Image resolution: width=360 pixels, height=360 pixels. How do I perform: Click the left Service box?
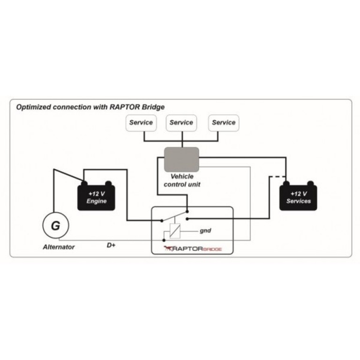pos(141,123)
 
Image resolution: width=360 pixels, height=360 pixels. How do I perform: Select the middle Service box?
pos(181,123)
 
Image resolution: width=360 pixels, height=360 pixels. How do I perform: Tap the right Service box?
pos(223,123)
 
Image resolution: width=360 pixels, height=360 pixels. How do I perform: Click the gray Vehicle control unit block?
pos(181,158)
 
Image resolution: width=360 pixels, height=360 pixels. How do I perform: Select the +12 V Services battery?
pos(298,197)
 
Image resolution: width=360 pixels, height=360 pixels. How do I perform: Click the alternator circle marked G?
pos(55,225)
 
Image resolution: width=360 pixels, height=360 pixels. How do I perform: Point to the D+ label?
pos(111,245)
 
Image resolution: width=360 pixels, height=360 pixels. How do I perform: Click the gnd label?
pos(206,231)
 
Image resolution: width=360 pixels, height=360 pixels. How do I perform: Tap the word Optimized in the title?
pos(34,107)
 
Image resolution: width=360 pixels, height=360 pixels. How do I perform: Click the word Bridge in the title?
pos(154,107)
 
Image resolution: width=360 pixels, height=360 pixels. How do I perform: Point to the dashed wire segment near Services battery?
pos(277,177)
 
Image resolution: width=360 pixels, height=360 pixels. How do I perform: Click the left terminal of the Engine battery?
pos(85,183)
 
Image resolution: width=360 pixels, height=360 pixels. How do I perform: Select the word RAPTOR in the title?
pos(126,107)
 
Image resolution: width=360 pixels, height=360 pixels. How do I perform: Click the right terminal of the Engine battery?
pos(108,183)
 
